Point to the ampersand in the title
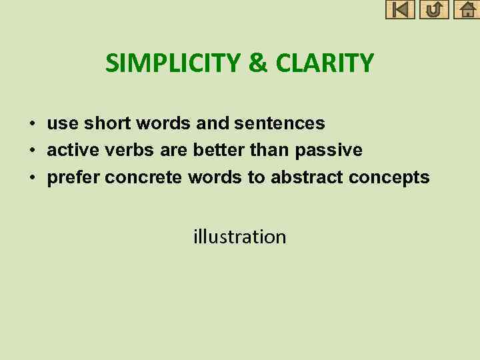(x=257, y=63)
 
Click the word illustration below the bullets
(x=239, y=237)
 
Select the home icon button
(x=467, y=9)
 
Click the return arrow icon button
(x=434, y=9)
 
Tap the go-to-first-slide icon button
(x=400, y=9)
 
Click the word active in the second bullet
(x=71, y=150)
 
